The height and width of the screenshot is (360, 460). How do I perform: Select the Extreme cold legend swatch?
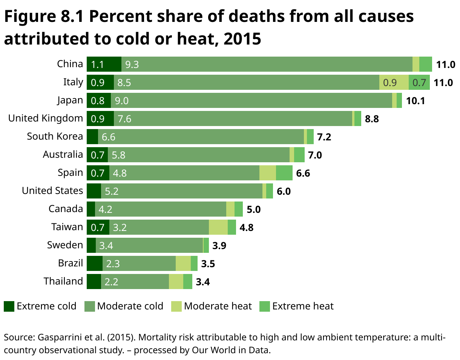pyautogui.click(x=9, y=306)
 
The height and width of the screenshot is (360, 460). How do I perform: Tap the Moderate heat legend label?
pyautogui.click(x=218, y=306)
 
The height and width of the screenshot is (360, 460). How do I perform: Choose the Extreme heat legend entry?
pyautogui.click(x=303, y=306)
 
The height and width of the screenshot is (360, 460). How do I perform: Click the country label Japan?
pyautogui.click(x=70, y=100)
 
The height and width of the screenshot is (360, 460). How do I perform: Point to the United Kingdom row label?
pyautogui.click(x=46, y=118)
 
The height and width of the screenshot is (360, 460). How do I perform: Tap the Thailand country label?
pyautogui.click(x=63, y=282)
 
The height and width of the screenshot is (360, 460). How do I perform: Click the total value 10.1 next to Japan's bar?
pyautogui.click(x=416, y=101)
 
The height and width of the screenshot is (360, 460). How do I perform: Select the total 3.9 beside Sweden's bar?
pyautogui.click(x=219, y=246)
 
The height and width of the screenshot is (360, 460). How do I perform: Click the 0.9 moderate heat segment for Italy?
pyautogui.click(x=394, y=82)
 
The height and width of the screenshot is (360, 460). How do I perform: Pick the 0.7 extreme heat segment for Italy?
pyautogui.click(x=419, y=82)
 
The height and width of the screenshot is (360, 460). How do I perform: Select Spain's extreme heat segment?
pyautogui.click(x=284, y=173)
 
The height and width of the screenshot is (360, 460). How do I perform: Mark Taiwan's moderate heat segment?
pyautogui.click(x=218, y=227)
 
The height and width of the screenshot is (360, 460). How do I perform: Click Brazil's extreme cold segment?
pyautogui.click(x=94, y=263)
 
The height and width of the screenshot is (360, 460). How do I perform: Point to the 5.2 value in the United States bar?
pyautogui.click(x=112, y=191)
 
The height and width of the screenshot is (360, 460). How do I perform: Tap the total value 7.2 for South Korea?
pyautogui.click(x=324, y=137)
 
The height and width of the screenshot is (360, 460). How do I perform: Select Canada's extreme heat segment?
pyautogui.click(x=238, y=209)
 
